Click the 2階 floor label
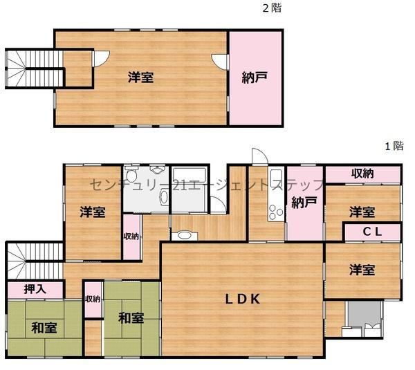(x=272, y=8)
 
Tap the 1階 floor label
(x=394, y=145)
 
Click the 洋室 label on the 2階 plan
(x=141, y=77)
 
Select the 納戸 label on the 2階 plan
(x=255, y=77)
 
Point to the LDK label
(x=243, y=299)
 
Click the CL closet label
(x=372, y=232)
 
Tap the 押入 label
(x=35, y=289)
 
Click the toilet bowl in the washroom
(x=132, y=174)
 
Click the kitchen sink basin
(x=276, y=176)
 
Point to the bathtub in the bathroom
(x=190, y=176)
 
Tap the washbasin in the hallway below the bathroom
(x=185, y=235)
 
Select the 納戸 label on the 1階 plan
(x=304, y=203)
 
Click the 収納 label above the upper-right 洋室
(x=362, y=173)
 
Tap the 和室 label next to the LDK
(x=131, y=318)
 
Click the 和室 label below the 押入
(x=44, y=328)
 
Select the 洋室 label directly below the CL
(x=362, y=270)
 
